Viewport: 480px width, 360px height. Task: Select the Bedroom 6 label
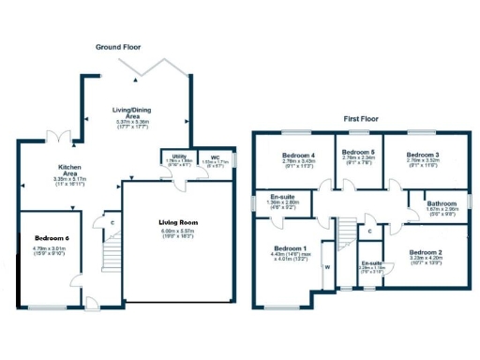click(52, 239)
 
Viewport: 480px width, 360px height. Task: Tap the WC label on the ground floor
click(215, 157)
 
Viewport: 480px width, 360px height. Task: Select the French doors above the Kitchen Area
click(62, 138)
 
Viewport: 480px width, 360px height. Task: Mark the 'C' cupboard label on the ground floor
click(112, 222)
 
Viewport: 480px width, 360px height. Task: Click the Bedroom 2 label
click(427, 253)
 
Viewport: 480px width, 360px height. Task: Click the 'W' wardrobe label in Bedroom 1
click(328, 266)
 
